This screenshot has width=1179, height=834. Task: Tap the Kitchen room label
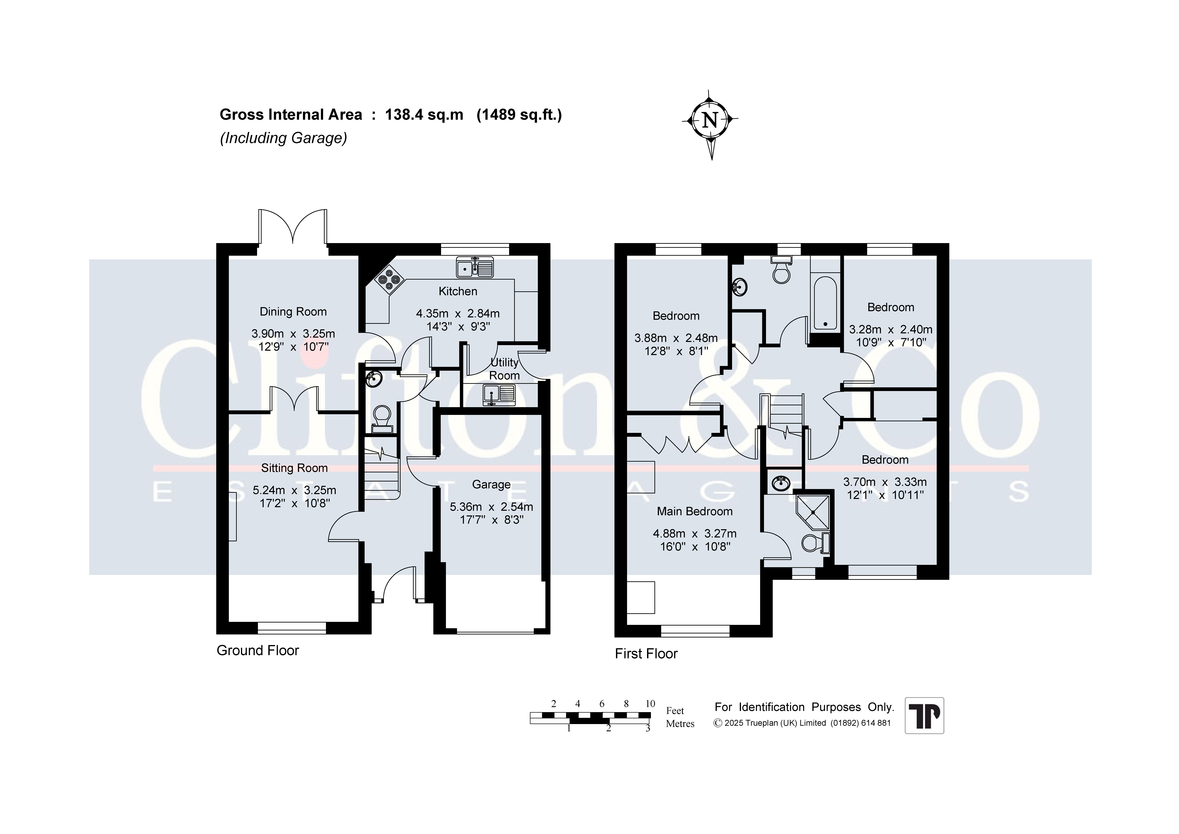pyautogui.click(x=458, y=291)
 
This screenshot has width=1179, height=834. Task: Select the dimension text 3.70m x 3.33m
pyautogui.click(x=885, y=482)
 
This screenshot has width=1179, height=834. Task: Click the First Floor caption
pyautogui.click(x=646, y=654)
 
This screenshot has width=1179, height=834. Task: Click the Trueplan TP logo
pyautogui.click(x=924, y=715)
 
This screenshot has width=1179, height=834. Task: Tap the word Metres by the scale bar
pyautogui.click(x=680, y=724)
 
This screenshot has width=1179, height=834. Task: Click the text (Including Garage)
pyautogui.click(x=283, y=138)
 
